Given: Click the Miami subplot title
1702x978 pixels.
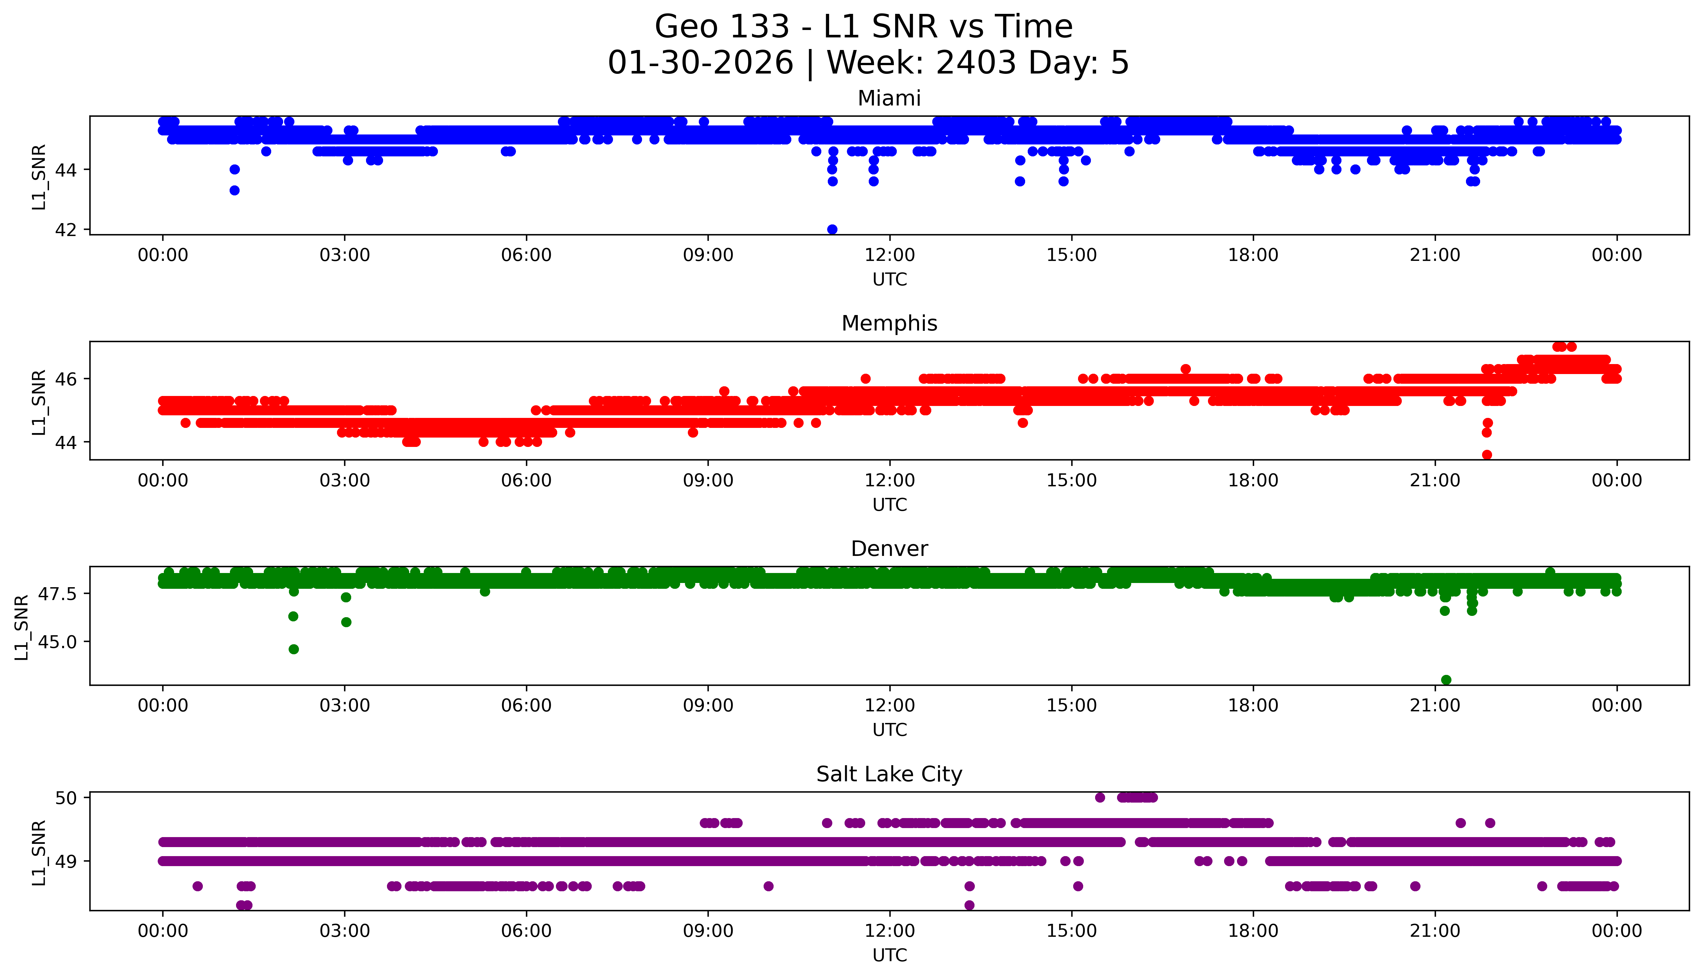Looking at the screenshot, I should coord(889,99).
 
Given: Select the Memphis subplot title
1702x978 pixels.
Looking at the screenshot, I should coord(889,324).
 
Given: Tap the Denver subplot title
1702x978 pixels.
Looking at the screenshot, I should coord(889,549).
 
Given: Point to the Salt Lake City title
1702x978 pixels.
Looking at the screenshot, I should coord(889,775).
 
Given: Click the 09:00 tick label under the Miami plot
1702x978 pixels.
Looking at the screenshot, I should coord(708,255).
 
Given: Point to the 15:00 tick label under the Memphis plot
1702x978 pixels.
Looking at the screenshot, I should coord(1071,480).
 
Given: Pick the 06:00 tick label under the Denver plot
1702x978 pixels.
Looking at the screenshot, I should coord(526,705).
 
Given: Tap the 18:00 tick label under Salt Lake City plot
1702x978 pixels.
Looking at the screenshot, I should coord(1253,931).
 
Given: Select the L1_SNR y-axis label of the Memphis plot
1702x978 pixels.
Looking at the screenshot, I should coord(39,402).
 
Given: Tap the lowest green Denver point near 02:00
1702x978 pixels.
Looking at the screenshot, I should coord(293,649).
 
